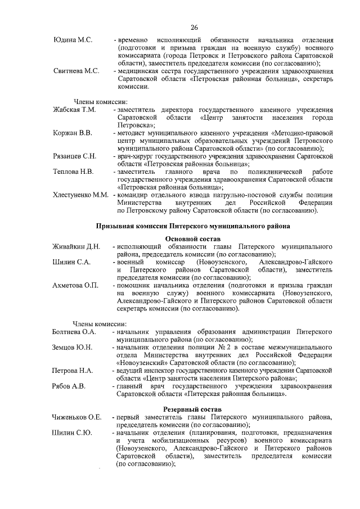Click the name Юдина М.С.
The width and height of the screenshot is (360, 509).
73,40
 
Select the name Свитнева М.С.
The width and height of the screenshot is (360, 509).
76,71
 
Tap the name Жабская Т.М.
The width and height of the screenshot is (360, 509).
74,109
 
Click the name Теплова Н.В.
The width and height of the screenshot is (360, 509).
73,170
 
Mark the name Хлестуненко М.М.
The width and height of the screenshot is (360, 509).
80,194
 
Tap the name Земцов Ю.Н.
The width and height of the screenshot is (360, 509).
72,347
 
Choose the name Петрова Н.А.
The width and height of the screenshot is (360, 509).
72,371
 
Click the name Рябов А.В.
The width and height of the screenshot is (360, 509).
69,386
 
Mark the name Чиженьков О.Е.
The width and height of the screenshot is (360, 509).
76,417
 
